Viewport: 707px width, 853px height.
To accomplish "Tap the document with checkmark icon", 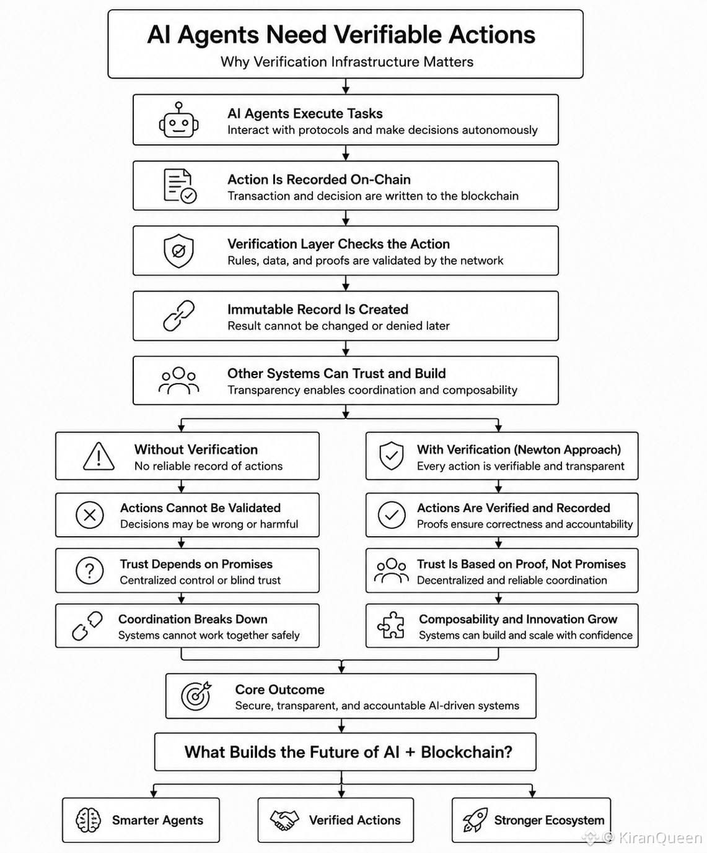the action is coord(180,186).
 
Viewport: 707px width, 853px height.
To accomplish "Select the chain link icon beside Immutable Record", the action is coord(178,315).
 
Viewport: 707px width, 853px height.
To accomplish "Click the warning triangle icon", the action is coord(99,456).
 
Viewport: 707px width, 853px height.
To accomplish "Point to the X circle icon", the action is coord(90,515).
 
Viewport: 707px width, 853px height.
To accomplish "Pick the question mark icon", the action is coord(90,570).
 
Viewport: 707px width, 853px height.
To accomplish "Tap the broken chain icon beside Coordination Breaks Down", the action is coord(87,625).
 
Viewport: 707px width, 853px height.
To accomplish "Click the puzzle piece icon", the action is coord(391,625).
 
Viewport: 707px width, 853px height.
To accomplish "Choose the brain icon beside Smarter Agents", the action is coord(88,820).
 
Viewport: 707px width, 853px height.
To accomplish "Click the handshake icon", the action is coord(284,820).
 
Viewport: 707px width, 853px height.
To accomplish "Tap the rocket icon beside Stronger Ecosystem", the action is coord(475,820).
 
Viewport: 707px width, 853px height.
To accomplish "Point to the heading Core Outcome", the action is coord(279,690).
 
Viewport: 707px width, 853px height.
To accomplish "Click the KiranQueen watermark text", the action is coord(661,838).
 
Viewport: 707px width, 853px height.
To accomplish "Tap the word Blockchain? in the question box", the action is coord(467,752).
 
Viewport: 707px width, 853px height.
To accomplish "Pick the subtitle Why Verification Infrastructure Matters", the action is coord(347,62).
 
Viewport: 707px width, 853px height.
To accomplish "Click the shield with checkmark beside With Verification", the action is coord(392,456).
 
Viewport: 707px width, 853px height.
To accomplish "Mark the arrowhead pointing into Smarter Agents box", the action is coord(154,794).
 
